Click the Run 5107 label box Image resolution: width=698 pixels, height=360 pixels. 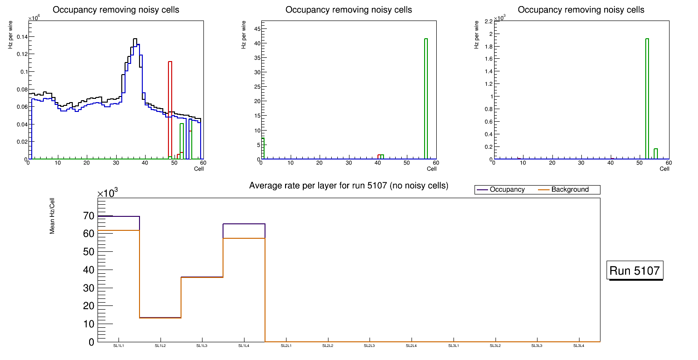635,270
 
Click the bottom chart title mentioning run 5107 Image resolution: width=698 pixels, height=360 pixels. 349,186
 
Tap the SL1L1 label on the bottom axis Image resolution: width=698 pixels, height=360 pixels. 119,346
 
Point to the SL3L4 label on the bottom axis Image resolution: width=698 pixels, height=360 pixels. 579,346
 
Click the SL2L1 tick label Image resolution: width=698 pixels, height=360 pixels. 286,346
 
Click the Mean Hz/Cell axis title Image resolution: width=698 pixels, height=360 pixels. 53,217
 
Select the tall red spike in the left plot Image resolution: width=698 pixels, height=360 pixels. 170,107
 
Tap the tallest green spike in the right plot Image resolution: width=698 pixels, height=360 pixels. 647,98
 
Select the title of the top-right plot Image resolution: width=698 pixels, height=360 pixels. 581,10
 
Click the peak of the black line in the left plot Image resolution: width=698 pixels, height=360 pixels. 135,40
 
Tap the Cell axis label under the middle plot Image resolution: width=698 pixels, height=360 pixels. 431,169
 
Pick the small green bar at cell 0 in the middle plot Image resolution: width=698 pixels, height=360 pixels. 263,148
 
